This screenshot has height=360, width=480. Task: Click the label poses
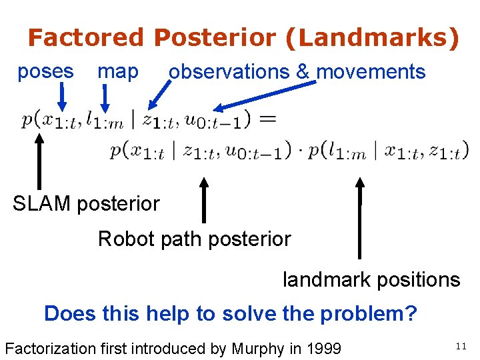(45, 71)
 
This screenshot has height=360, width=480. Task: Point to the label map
(118, 71)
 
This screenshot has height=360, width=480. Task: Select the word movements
(371, 71)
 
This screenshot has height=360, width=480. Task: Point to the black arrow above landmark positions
(360, 217)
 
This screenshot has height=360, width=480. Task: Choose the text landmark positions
(371, 279)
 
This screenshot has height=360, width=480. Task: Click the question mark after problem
(410, 313)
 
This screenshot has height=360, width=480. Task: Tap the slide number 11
(461, 345)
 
